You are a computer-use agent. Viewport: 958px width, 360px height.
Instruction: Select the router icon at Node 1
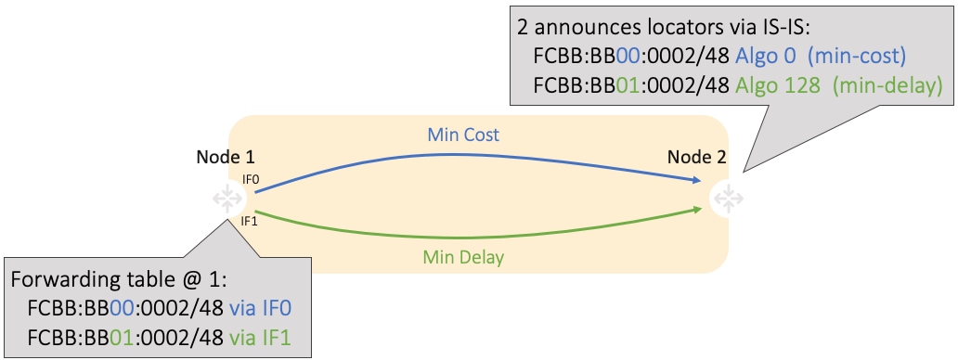tap(227, 198)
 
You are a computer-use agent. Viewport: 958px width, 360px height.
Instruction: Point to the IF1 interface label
tap(250, 221)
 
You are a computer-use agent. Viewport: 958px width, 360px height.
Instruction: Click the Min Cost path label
tap(463, 135)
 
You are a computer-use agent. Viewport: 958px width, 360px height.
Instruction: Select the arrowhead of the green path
tap(695, 211)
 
